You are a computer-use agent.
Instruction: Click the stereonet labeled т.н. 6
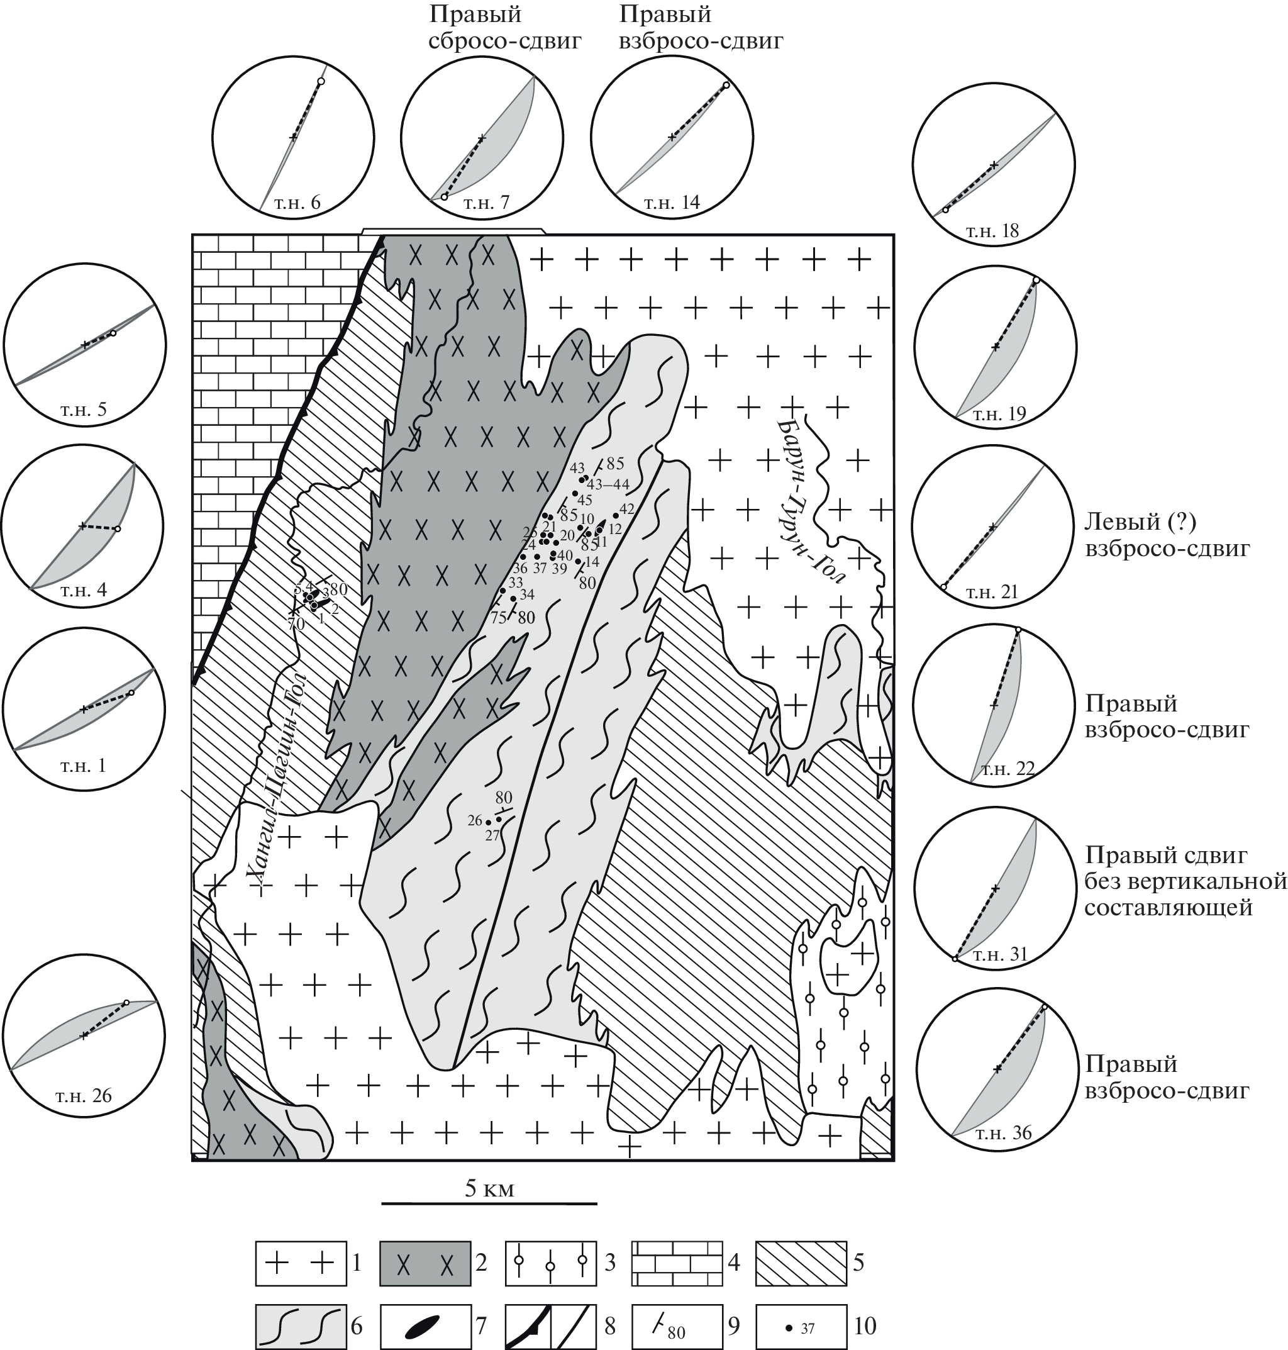(x=293, y=137)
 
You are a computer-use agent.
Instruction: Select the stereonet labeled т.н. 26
(x=84, y=1034)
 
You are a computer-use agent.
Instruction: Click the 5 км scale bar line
(x=489, y=1222)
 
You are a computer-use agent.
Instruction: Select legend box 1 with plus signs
(x=301, y=1263)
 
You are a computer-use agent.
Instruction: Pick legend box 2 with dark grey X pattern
(x=425, y=1263)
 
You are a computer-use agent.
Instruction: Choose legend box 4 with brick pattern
(x=676, y=1263)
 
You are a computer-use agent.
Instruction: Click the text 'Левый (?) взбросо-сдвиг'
(x=1167, y=535)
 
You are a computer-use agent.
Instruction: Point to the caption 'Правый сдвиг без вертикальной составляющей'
(x=1185, y=882)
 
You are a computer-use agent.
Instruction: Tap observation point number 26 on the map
(x=488, y=822)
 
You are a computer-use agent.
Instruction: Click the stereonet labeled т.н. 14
(x=672, y=137)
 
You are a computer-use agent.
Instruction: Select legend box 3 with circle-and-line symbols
(x=550, y=1263)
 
